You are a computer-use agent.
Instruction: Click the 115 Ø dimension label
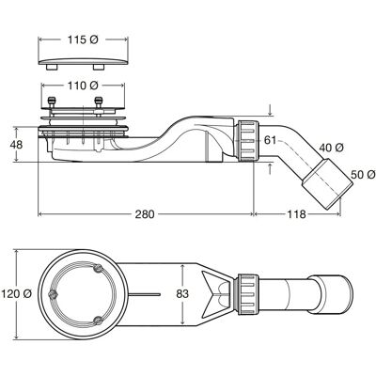coord(83,39)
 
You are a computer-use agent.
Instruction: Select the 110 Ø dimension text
coord(83,85)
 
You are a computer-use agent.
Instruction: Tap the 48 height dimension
coord(16,145)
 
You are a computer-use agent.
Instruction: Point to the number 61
coord(270,140)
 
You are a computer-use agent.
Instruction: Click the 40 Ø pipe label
coord(332,148)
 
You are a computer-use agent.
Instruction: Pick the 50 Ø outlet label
coord(363,175)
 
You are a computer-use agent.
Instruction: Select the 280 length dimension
coord(145,214)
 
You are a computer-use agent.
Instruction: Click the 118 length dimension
coord(296,214)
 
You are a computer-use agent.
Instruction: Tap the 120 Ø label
coord(16,294)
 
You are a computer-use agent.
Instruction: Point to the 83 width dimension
coord(182,294)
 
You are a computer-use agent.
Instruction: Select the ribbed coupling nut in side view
coord(247,141)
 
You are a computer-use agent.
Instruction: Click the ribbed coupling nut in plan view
coord(248,294)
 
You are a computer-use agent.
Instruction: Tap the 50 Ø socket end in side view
coord(326,184)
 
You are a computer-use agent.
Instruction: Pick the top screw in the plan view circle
coord(99,268)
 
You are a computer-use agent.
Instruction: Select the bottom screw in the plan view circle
coord(99,320)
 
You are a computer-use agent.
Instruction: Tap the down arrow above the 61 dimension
coord(271,110)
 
